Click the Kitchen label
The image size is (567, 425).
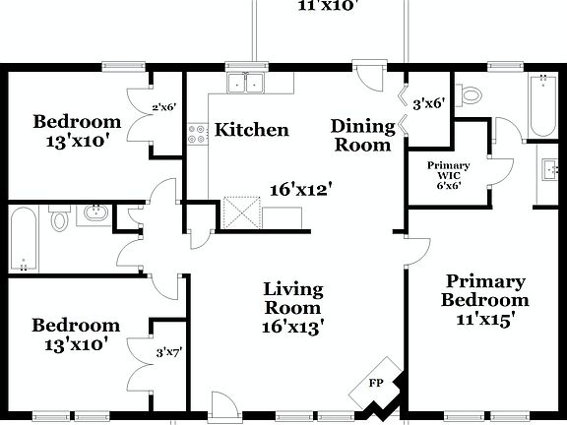point(252,130)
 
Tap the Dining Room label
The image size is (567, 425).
point(360,135)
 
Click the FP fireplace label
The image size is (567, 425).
point(375,384)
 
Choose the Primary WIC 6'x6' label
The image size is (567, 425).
point(447,175)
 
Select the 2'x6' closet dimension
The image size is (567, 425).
point(163,108)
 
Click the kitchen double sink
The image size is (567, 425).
point(247,83)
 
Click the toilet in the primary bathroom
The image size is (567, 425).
point(472,95)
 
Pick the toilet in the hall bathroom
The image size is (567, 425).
point(60,219)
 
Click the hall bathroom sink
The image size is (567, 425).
point(94,212)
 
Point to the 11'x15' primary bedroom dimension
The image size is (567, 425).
point(484,319)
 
